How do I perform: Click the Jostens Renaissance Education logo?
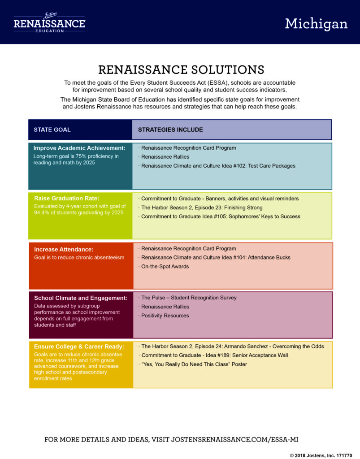pyautogui.click(x=49, y=22)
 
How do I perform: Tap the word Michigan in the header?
pyautogui.click(x=317, y=24)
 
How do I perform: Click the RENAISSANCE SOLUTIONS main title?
pyautogui.click(x=181, y=69)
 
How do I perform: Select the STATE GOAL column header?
pyautogui.click(x=52, y=130)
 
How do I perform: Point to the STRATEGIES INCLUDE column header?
pyautogui.click(x=170, y=130)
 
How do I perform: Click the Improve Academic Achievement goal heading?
pyautogui.click(x=79, y=148)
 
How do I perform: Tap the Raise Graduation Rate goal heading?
pyautogui.click(x=67, y=198)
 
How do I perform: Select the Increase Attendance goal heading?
pyautogui.click(x=64, y=249)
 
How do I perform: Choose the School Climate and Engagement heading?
pyautogui.click(x=81, y=298)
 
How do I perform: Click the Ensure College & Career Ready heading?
pyautogui.click(x=79, y=346)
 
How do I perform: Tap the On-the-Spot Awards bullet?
pyautogui.click(x=164, y=266)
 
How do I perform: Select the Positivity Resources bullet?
pyautogui.click(x=164, y=316)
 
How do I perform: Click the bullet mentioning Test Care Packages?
pyautogui.click(x=217, y=166)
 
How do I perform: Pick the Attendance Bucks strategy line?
pyautogui.click(x=215, y=258)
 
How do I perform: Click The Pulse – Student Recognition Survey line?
pyautogui.click(x=187, y=298)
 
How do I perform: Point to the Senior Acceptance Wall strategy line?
pyautogui.click(x=213, y=355)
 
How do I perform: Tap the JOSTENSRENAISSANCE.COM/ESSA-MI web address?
pyautogui.click(x=235, y=439)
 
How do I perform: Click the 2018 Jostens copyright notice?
pyautogui.click(x=321, y=455)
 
